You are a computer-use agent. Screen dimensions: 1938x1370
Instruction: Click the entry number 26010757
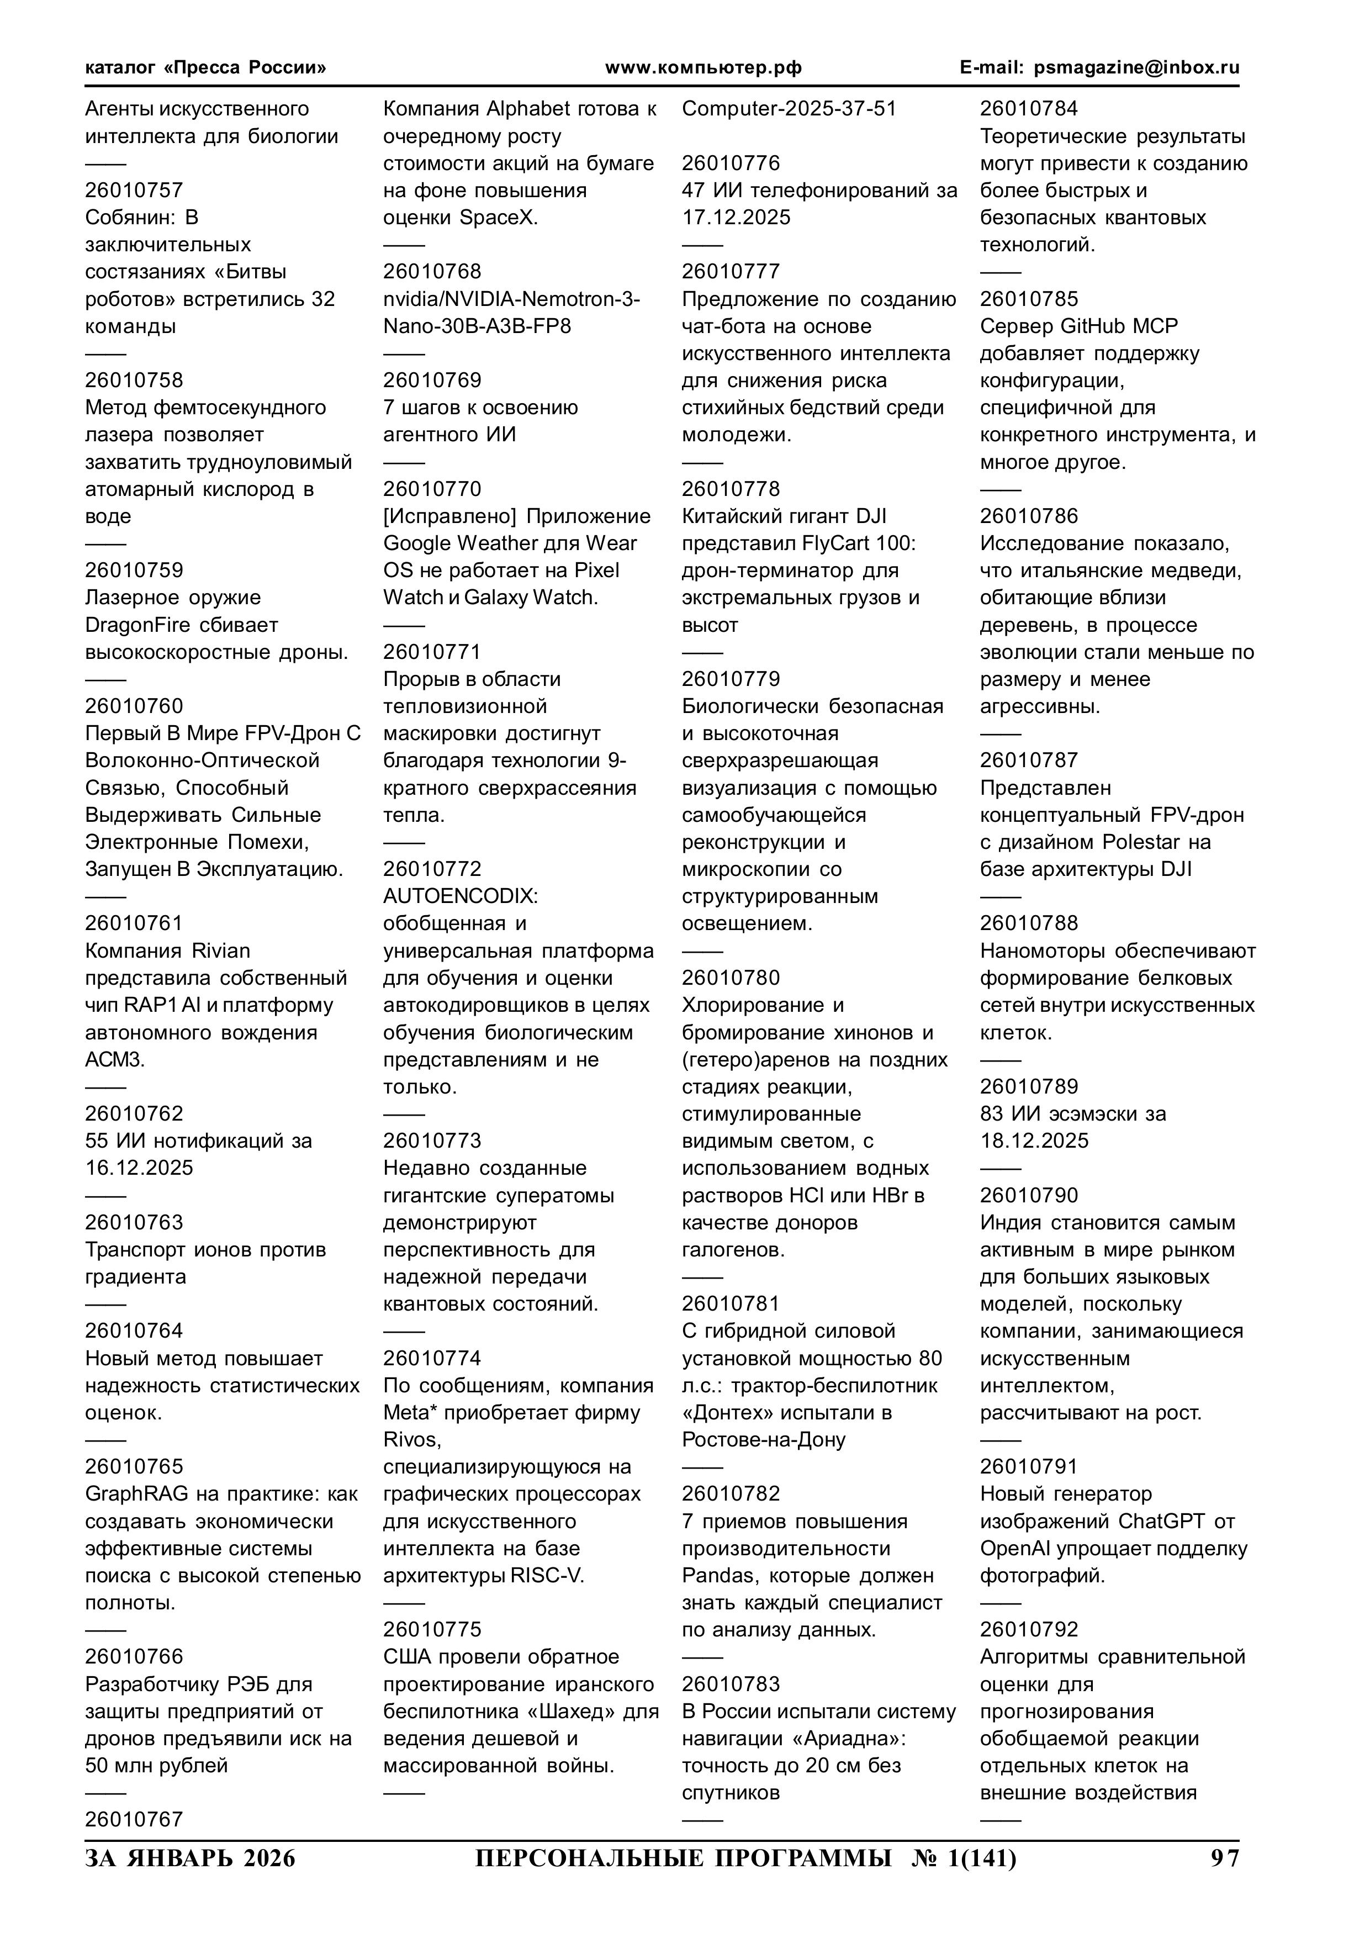[x=134, y=190]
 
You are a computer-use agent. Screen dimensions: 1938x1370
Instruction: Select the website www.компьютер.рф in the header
[x=703, y=67]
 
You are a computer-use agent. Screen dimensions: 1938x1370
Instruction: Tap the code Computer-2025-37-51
[x=789, y=109]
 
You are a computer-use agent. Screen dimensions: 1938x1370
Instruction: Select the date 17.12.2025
[x=736, y=218]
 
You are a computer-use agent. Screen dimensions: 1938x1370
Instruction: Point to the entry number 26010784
[x=1028, y=109]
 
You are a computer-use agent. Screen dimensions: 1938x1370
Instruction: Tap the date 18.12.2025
[x=1034, y=1140]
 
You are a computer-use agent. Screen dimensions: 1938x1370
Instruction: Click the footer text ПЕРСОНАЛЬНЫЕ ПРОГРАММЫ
[x=683, y=1858]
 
